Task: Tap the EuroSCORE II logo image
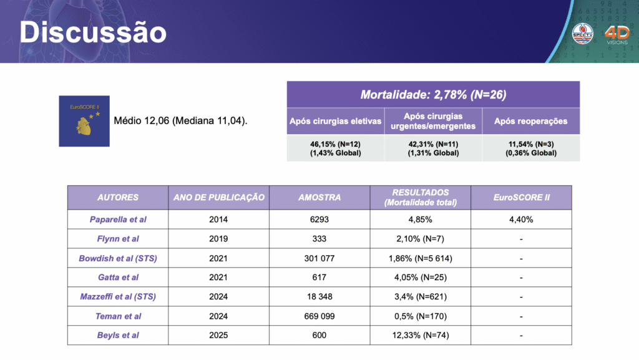click(84, 121)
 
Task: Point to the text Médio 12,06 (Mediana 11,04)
click(180, 121)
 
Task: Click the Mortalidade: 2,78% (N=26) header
click(433, 95)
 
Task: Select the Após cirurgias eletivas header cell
click(336, 121)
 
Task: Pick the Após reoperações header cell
click(530, 121)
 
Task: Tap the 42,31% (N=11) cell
click(433, 148)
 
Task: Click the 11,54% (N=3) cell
click(530, 148)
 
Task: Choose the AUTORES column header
click(118, 197)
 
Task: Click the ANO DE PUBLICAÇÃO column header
click(219, 197)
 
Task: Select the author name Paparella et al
click(118, 220)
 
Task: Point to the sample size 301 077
click(319, 258)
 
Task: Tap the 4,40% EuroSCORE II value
click(520, 220)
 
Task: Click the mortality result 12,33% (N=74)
click(421, 335)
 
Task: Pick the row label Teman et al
click(118, 316)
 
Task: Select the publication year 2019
click(219, 239)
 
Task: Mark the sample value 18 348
click(319, 297)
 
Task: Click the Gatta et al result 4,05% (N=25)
click(421, 278)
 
